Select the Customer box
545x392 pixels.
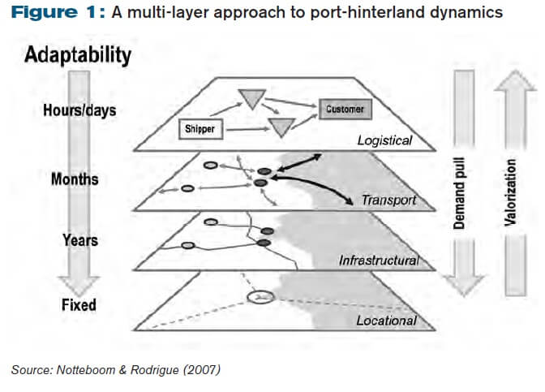point(345,108)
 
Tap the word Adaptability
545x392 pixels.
point(77,55)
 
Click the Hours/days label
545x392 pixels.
point(79,110)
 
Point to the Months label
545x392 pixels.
point(75,178)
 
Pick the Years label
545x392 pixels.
point(79,240)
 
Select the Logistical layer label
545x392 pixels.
point(384,140)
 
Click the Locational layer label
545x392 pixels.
point(386,321)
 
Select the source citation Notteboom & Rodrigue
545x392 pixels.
point(114,370)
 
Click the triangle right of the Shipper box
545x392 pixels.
point(281,127)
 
